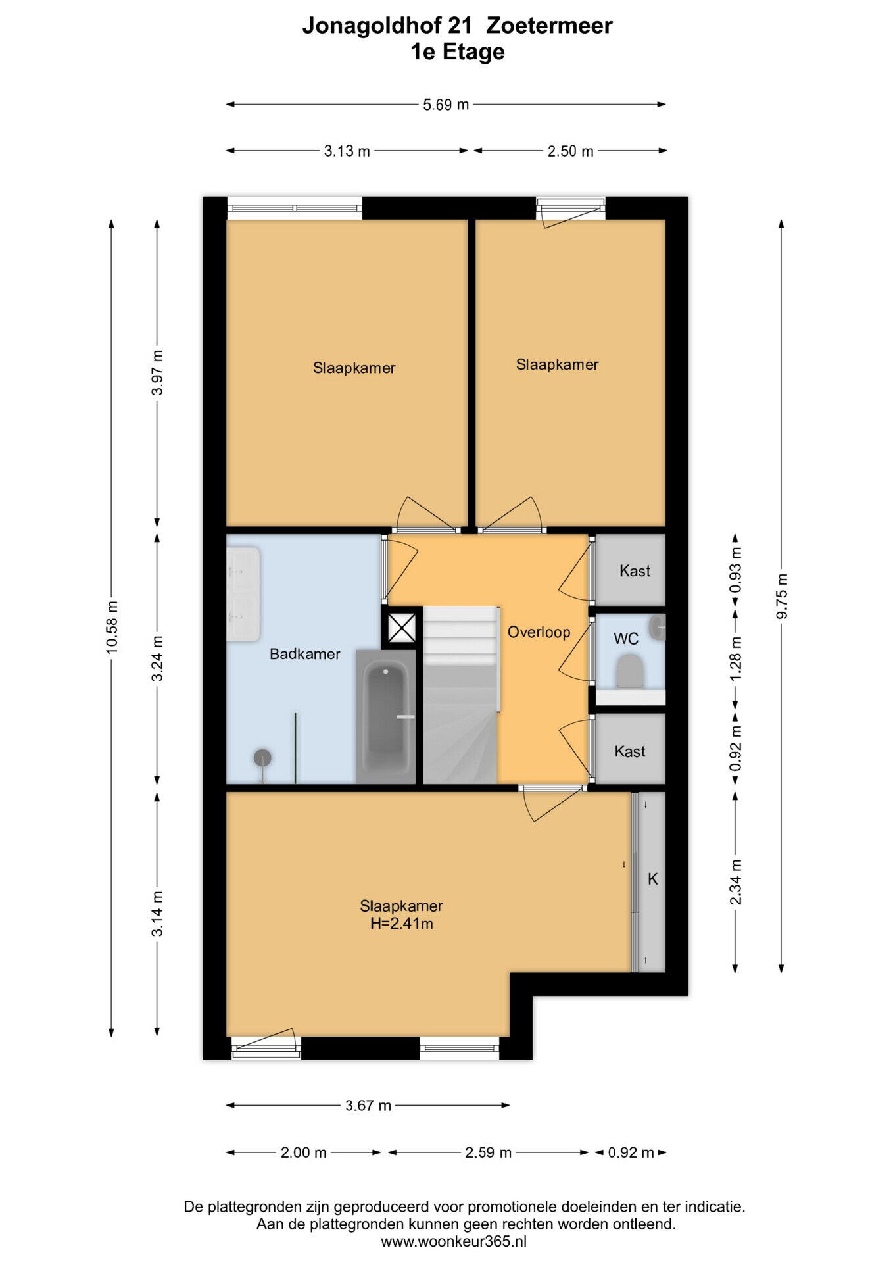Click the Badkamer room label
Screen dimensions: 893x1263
(305, 654)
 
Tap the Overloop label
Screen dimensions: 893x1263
(539, 632)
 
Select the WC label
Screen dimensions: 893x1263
(626, 639)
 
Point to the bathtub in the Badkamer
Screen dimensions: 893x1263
(385, 716)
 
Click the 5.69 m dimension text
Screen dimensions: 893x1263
(446, 105)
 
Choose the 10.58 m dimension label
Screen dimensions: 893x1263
(112, 627)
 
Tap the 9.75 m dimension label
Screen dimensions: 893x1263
(782, 596)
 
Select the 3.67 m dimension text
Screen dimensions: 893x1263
(368, 1106)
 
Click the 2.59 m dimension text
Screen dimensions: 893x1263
(488, 1152)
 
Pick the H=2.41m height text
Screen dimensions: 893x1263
(401, 924)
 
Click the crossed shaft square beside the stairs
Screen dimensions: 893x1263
(402, 628)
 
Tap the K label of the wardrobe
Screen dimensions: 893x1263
(653, 879)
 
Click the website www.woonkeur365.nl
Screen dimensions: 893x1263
(454, 1241)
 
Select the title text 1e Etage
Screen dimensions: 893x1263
(458, 52)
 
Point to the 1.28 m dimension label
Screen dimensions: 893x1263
(736, 658)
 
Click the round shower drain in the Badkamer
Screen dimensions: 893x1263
(262, 758)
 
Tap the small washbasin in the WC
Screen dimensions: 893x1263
(657, 628)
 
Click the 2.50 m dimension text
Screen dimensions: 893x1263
(571, 151)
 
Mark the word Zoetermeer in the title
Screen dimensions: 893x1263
(549, 26)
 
